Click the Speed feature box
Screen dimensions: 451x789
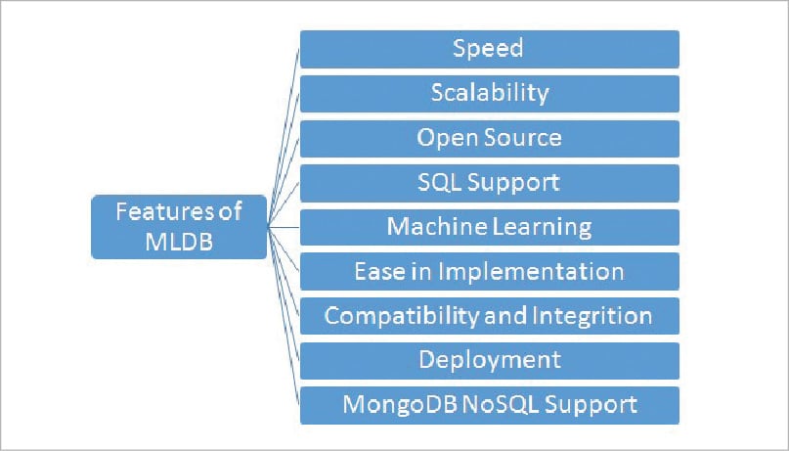pyautogui.click(x=489, y=49)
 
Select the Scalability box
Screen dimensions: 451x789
pyautogui.click(x=489, y=94)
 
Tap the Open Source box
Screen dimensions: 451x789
pyautogui.click(x=489, y=138)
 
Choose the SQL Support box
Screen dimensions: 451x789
pyautogui.click(x=489, y=183)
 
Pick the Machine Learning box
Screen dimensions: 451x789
pyautogui.click(x=489, y=227)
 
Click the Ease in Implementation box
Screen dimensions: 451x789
pyautogui.click(x=489, y=271)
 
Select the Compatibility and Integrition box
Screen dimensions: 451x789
pyautogui.click(x=489, y=316)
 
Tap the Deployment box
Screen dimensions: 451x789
pyautogui.click(x=489, y=360)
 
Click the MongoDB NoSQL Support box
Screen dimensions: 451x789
pyautogui.click(x=489, y=404)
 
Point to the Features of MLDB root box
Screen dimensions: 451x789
pyautogui.click(x=179, y=227)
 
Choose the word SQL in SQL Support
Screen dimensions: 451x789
pyautogui.click(x=436, y=183)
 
